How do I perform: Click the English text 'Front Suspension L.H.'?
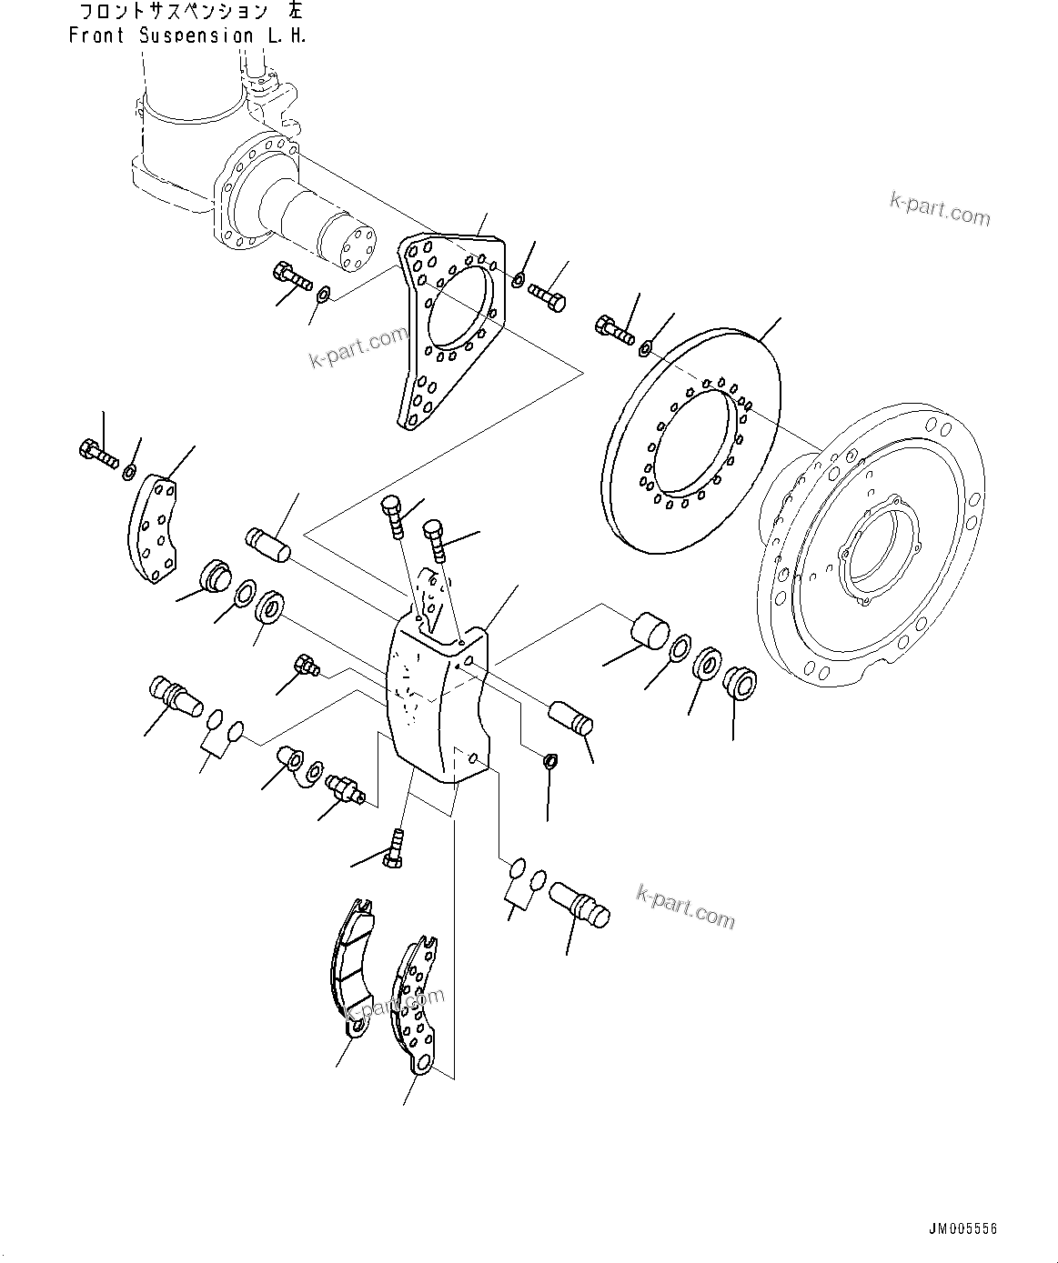[x=187, y=36]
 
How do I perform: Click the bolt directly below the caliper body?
[x=395, y=847]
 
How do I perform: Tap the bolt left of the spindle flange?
[x=291, y=276]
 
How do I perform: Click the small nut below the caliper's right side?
[x=549, y=761]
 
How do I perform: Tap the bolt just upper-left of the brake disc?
[x=614, y=328]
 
